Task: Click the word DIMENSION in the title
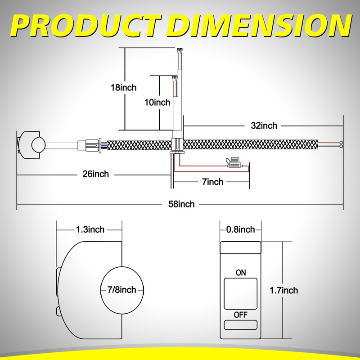click(260, 26)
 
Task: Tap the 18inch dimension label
click(123, 87)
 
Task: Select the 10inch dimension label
click(157, 102)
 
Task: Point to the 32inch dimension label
click(264, 126)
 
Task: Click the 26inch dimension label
click(96, 174)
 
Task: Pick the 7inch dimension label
click(212, 182)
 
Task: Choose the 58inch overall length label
click(181, 204)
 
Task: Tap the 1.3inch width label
click(90, 229)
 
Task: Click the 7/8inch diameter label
click(122, 290)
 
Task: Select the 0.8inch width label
click(241, 229)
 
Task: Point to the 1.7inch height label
click(284, 290)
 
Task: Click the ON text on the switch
click(241, 273)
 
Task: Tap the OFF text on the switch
click(241, 315)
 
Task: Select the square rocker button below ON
click(241, 294)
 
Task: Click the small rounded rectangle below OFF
click(241, 325)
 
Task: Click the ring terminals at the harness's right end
click(341, 144)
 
